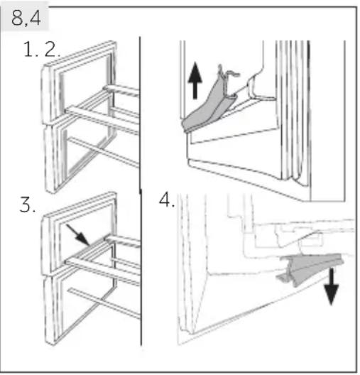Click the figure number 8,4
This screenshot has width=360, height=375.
coord(26,18)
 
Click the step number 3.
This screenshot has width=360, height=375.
coord(27,205)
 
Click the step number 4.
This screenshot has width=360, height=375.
coord(167,200)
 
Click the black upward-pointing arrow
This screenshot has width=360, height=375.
coord(195,80)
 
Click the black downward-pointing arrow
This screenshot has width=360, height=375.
coord(332,286)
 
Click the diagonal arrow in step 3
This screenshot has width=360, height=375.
coord(78,235)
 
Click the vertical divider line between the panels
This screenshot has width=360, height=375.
coord(140,191)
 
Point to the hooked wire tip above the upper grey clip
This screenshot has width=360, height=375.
coord(229,73)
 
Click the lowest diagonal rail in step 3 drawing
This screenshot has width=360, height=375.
coord(104,304)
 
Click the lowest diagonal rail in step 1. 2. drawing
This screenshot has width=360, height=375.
coord(103,152)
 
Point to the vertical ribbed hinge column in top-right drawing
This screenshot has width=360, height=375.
coord(293,112)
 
